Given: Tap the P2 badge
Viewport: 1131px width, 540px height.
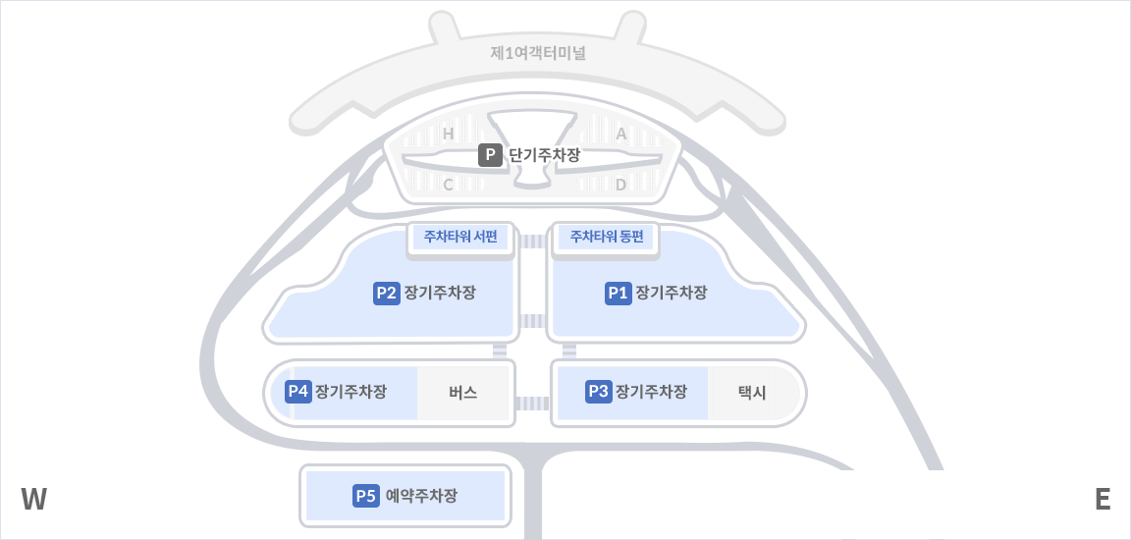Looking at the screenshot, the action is (387, 293).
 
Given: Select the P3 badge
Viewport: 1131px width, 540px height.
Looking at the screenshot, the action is (598, 392).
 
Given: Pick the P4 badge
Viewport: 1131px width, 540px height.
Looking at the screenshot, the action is (298, 392).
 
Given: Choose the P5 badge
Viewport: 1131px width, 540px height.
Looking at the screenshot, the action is (366, 496).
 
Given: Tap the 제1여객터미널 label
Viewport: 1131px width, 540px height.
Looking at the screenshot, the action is (537, 52).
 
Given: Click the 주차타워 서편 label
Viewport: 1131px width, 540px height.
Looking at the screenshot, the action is (460, 237).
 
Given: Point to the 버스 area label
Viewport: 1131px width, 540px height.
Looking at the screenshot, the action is (462, 393).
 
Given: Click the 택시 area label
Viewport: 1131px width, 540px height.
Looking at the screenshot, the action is (752, 393).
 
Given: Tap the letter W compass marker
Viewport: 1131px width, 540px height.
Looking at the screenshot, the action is (34, 500).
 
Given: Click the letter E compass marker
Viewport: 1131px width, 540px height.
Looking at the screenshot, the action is (1103, 500).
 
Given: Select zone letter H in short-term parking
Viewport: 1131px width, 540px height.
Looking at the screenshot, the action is (448, 134).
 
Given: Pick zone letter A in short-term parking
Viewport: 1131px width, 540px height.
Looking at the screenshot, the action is (620, 134).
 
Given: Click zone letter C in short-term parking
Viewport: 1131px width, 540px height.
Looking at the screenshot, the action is (448, 185).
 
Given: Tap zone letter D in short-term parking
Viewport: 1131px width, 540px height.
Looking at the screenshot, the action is (620, 185).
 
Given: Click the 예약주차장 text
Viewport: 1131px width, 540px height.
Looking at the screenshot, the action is (421, 496).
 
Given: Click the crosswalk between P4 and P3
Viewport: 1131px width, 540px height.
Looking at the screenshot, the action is (532, 403).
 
